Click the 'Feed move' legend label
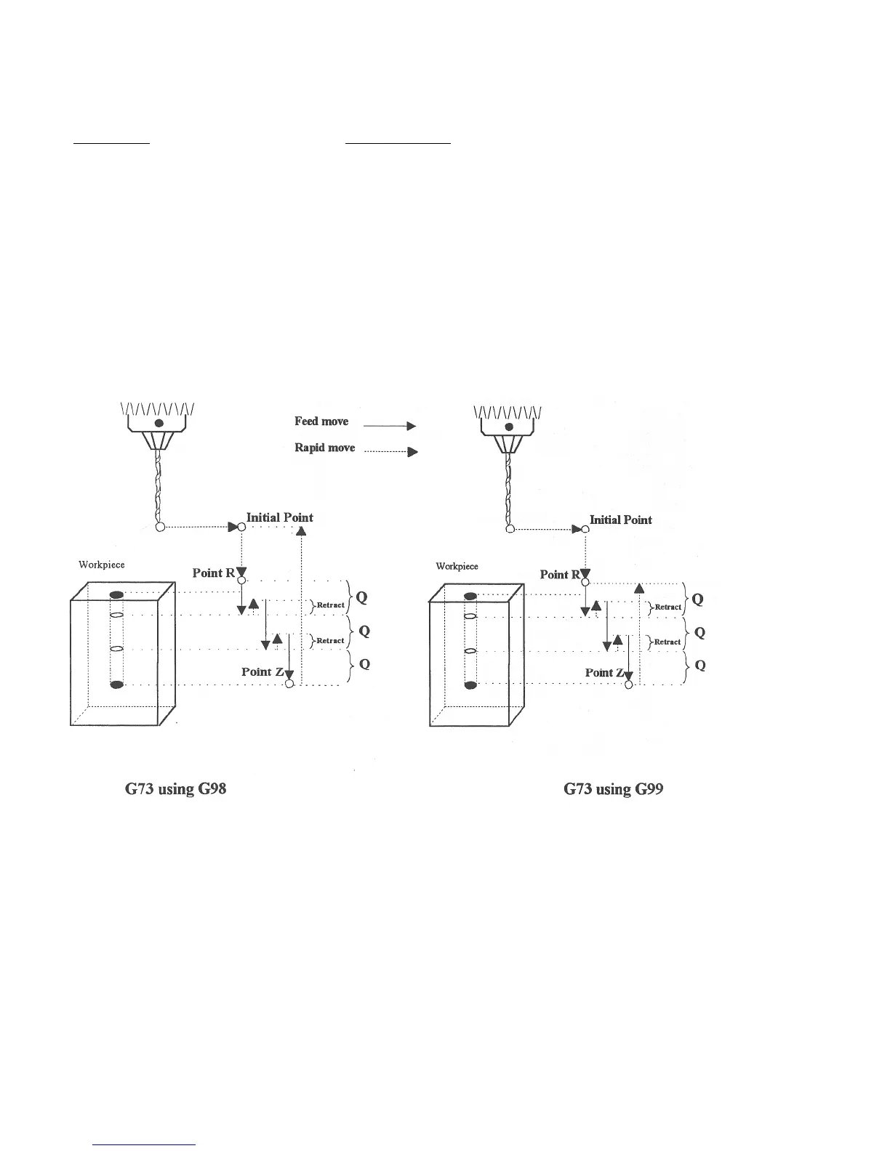321,421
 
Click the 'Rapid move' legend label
324,448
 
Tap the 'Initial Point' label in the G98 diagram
280,517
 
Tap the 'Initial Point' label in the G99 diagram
620,520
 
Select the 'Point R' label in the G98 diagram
213,573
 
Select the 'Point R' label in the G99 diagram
560,575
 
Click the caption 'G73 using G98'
176,788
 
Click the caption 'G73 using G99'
613,788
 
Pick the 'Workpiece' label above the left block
102,565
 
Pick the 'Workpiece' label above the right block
457,566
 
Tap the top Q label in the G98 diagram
361,597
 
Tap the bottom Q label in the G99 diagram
699,666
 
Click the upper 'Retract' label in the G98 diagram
330,605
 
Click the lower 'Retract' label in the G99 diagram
667,642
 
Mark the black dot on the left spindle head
159,423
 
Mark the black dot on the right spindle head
508,427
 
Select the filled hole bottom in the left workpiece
116,684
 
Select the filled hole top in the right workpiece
470,597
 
